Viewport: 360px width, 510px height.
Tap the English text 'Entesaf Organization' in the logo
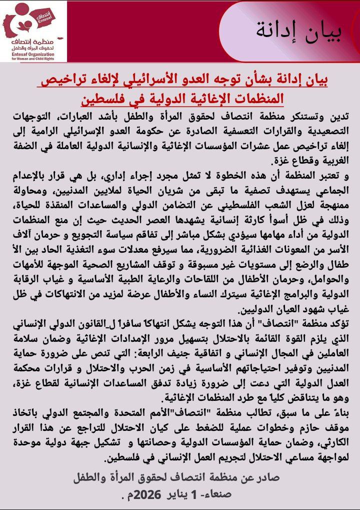pos(33,56)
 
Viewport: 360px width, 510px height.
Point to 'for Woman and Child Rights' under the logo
pos(33,60)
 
